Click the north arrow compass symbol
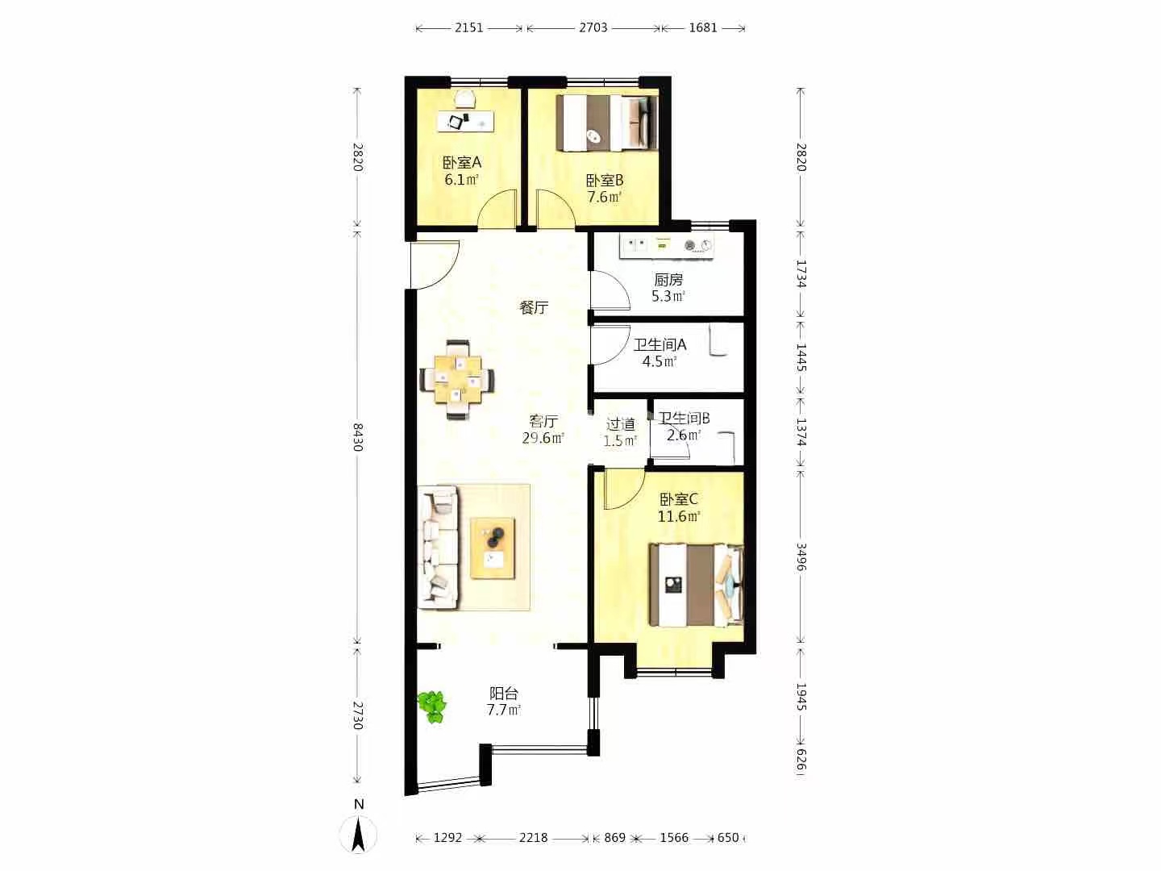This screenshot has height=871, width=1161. [x=359, y=834]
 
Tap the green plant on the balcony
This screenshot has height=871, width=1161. [x=432, y=706]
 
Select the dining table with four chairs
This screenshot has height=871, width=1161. [x=458, y=380]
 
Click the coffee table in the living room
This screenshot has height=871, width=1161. [x=493, y=548]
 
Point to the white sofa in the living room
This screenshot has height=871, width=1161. [x=438, y=548]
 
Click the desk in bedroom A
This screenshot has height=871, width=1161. [x=465, y=121]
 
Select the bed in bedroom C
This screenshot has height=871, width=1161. [x=696, y=585]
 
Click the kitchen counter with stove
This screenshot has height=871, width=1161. [x=667, y=247]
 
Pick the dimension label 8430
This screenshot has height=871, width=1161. [x=358, y=437]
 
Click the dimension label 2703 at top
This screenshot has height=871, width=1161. [x=593, y=27]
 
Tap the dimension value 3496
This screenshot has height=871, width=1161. [x=801, y=556]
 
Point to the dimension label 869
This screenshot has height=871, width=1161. [x=614, y=838]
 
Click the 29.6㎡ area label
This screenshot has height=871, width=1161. [x=543, y=438]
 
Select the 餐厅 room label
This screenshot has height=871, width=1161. [x=535, y=307]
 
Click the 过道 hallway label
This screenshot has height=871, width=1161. [x=621, y=424]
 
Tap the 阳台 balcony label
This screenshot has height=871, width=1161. [x=504, y=694]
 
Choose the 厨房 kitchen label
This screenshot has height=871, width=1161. [x=668, y=279]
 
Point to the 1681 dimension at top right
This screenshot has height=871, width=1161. [x=703, y=27]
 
